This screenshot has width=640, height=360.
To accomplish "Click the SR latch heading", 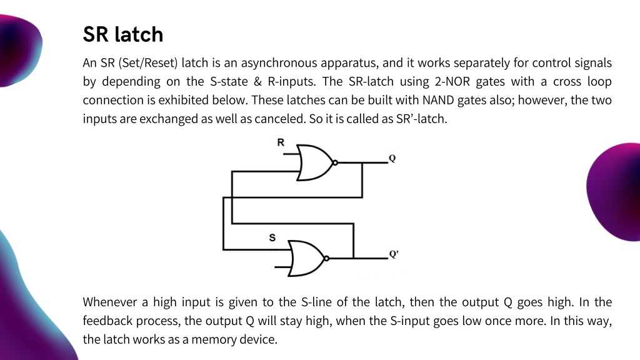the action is pos(123,34).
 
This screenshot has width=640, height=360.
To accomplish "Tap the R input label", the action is pos(281,142).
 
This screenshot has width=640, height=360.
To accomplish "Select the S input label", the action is pos(272,237).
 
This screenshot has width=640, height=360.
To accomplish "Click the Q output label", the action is pos(392,158).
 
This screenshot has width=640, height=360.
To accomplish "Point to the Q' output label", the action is pos(394,254).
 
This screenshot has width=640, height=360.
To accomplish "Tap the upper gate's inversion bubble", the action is pos(335,162).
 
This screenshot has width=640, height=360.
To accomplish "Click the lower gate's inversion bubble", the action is pos(326,258).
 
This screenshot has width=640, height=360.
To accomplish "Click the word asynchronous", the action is pos(279,63).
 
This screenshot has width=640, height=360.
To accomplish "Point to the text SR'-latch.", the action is pos(422,119).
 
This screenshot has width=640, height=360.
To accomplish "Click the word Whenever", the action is pos(110,302).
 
